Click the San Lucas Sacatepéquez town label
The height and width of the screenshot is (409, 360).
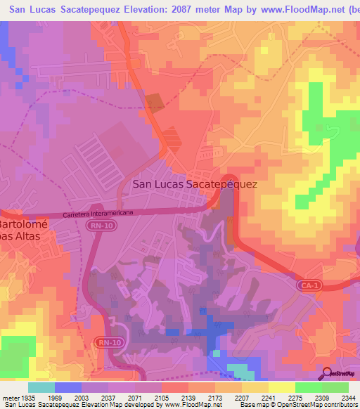195,184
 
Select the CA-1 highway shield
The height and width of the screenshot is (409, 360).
307,286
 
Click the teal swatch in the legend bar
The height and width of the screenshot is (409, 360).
41,387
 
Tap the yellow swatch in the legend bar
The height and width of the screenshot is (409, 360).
281,387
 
